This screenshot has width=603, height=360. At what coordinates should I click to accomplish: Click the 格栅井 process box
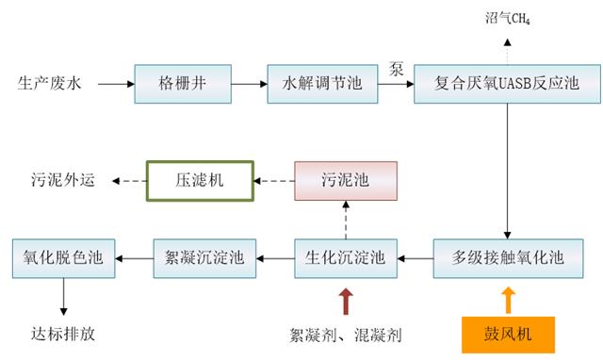pyautogui.click(x=182, y=85)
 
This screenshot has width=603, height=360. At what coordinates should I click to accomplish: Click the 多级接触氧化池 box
pyautogui.click(x=509, y=255)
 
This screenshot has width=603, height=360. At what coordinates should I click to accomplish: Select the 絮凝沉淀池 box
pyautogui.click(x=204, y=255)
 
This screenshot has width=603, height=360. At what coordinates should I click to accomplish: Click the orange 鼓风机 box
pyautogui.click(x=509, y=333)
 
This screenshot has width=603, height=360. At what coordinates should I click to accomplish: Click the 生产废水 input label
pyautogui.click(x=50, y=85)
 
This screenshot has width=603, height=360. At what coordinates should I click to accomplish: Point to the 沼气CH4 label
pyautogui.click(x=510, y=18)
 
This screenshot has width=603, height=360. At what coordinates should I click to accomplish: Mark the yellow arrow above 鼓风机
pyautogui.click(x=509, y=299)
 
